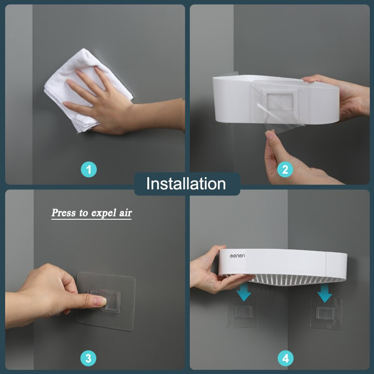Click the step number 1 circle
pyautogui.click(x=89, y=170)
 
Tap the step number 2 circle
pyautogui.click(x=285, y=169)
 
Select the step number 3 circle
pyautogui.click(x=88, y=358)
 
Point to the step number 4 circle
pyautogui.click(x=286, y=358)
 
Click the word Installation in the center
pyautogui.click(x=186, y=184)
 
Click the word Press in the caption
pyautogui.click(x=64, y=213)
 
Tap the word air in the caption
pyautogui.click(x=125, y=213)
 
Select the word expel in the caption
pyautogui.click(x=104, y=213)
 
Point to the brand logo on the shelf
pyautogui.click(x=237, y=256)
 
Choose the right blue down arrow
pyautogui.click(x=324, y=293)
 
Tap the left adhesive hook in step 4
pyautogui.click(x=242, y=312)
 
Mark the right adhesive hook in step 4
pyautogui.click(x=326, y=314)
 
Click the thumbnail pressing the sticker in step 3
pyautogui.click(x=101, y=301)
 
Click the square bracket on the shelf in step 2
pyautogui.click(x=280, y=101)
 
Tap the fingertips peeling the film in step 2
pyautogui.click(x=270, y=134)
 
